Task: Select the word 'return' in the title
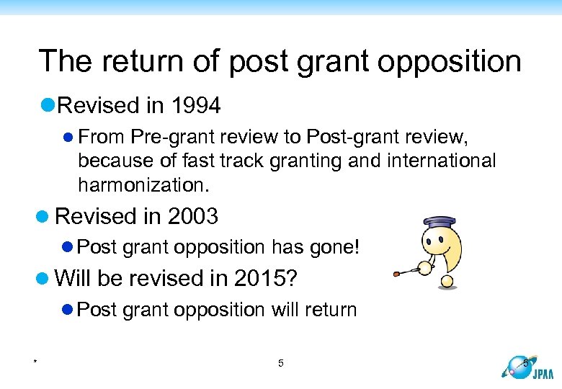click(x=137, y=61)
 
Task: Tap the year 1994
click(x=195, y=106)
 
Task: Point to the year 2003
click(x=192, y=216)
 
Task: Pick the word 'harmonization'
click(x=143, y=185)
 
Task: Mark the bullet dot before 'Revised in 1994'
click(x=48, y=107)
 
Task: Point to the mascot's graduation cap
click(x=439, y=222)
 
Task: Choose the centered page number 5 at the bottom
click(x=281, y=363)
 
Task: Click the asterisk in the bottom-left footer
click(x=35, y=361)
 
